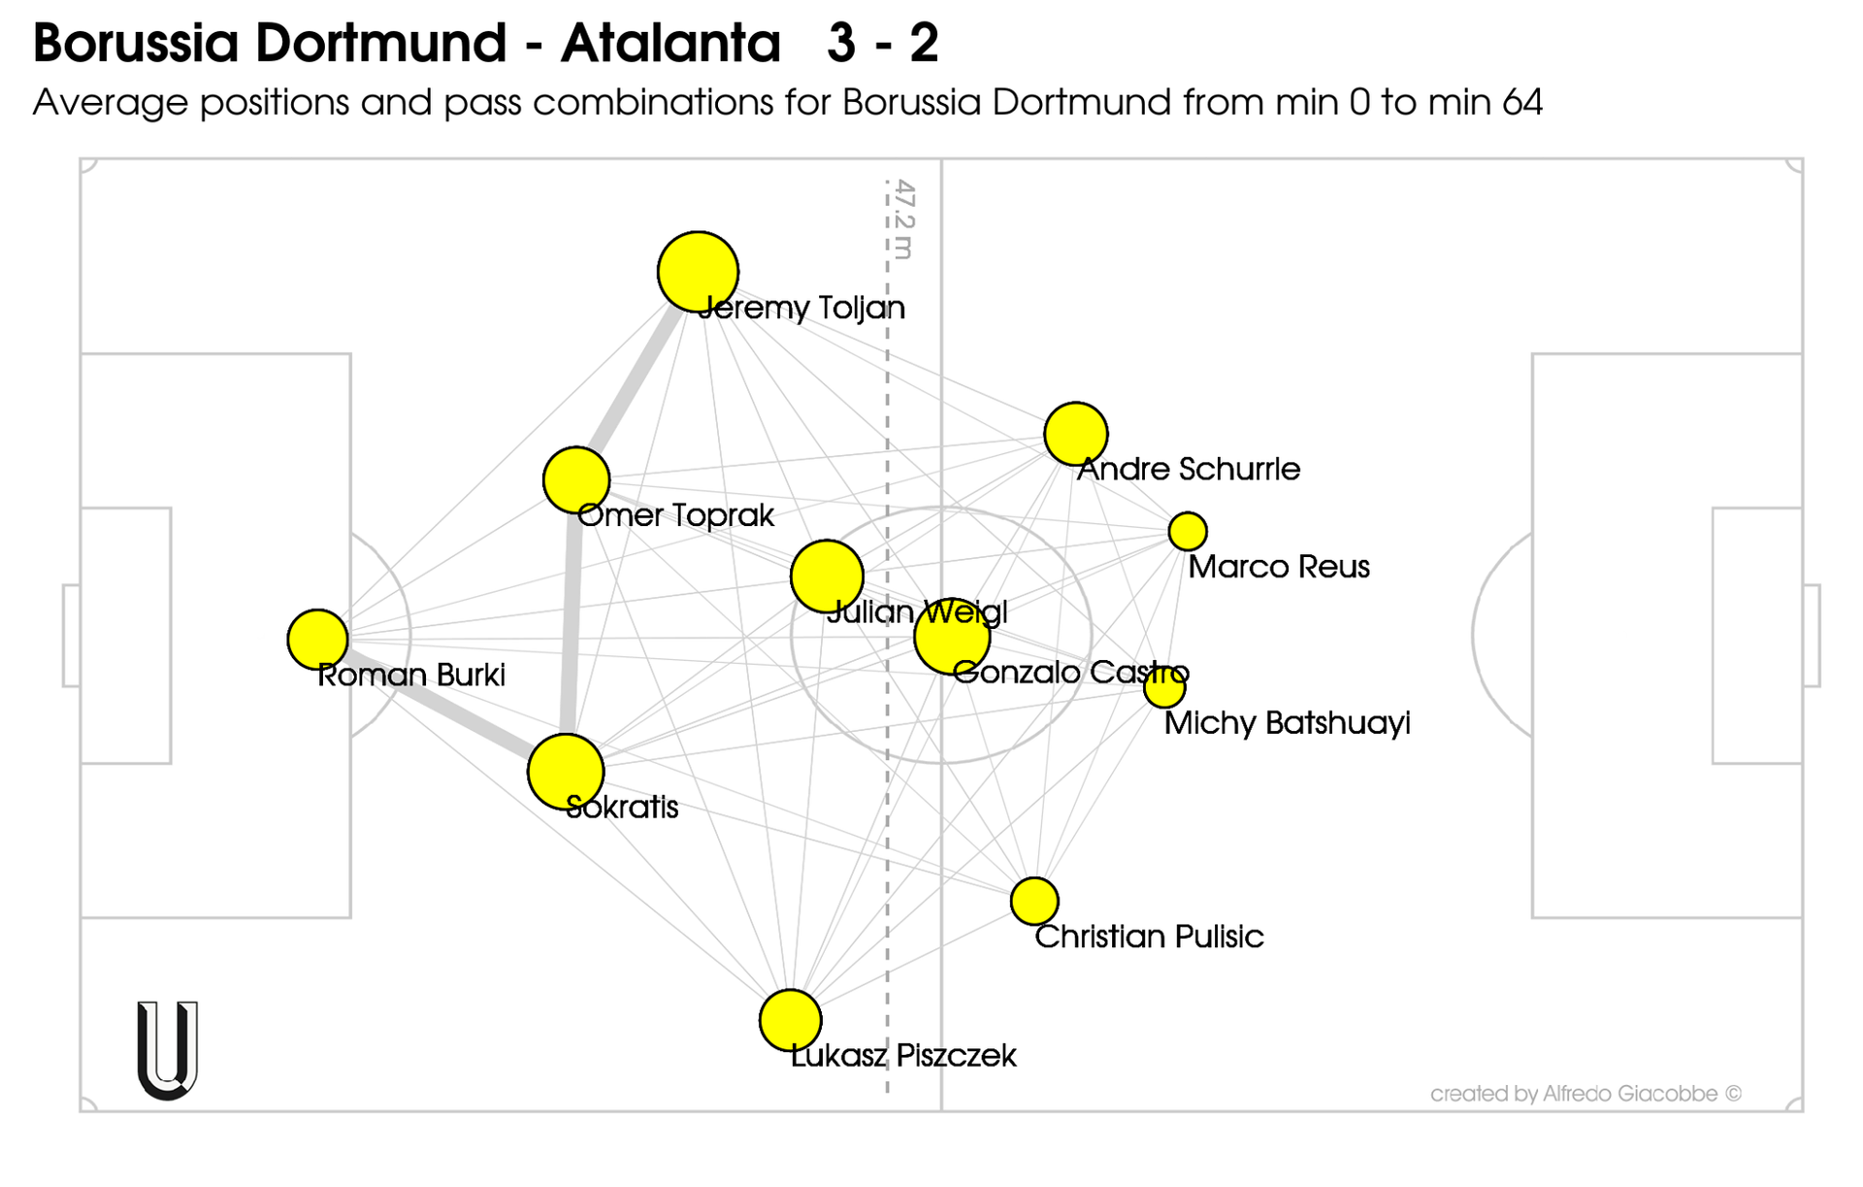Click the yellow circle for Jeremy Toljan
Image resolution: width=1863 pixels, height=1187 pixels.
tap(698, 272)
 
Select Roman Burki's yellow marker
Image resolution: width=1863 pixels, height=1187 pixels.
tap(317, 640)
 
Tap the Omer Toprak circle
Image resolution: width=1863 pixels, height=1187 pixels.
tap(576, 479)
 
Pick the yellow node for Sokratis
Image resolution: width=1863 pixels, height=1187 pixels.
tap(566, 772)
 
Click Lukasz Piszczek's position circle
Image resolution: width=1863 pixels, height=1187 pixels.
tap(791, 1020)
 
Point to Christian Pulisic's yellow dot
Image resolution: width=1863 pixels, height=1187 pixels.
tap(1034, 901)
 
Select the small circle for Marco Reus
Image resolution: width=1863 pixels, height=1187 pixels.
tap(1188, 531)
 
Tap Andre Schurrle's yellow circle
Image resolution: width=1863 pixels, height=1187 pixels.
tap(1076, 433)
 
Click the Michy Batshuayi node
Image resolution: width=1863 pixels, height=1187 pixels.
tap(1164, 687)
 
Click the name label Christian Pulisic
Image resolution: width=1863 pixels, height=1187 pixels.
tap(1149, 937)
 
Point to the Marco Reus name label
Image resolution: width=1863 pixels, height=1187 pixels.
tap(1279, 567)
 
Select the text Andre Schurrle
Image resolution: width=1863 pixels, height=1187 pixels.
tap(1189, 469)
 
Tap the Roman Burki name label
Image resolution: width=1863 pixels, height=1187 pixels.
tap(411, 676)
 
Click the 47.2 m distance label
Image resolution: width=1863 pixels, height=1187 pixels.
tap(903, 219)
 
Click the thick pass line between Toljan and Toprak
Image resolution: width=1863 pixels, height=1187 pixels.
tap(636, 379)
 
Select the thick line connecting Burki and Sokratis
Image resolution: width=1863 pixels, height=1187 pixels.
tap(441, 706)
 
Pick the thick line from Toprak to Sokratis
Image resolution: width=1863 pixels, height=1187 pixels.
tap(572, 626)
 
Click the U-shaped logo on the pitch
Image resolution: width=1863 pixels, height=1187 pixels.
tap(168, 1049)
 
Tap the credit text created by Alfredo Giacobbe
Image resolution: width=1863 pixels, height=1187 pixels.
tap(1585, 1094)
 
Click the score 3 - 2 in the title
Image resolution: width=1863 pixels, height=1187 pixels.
tap(882, 43)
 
